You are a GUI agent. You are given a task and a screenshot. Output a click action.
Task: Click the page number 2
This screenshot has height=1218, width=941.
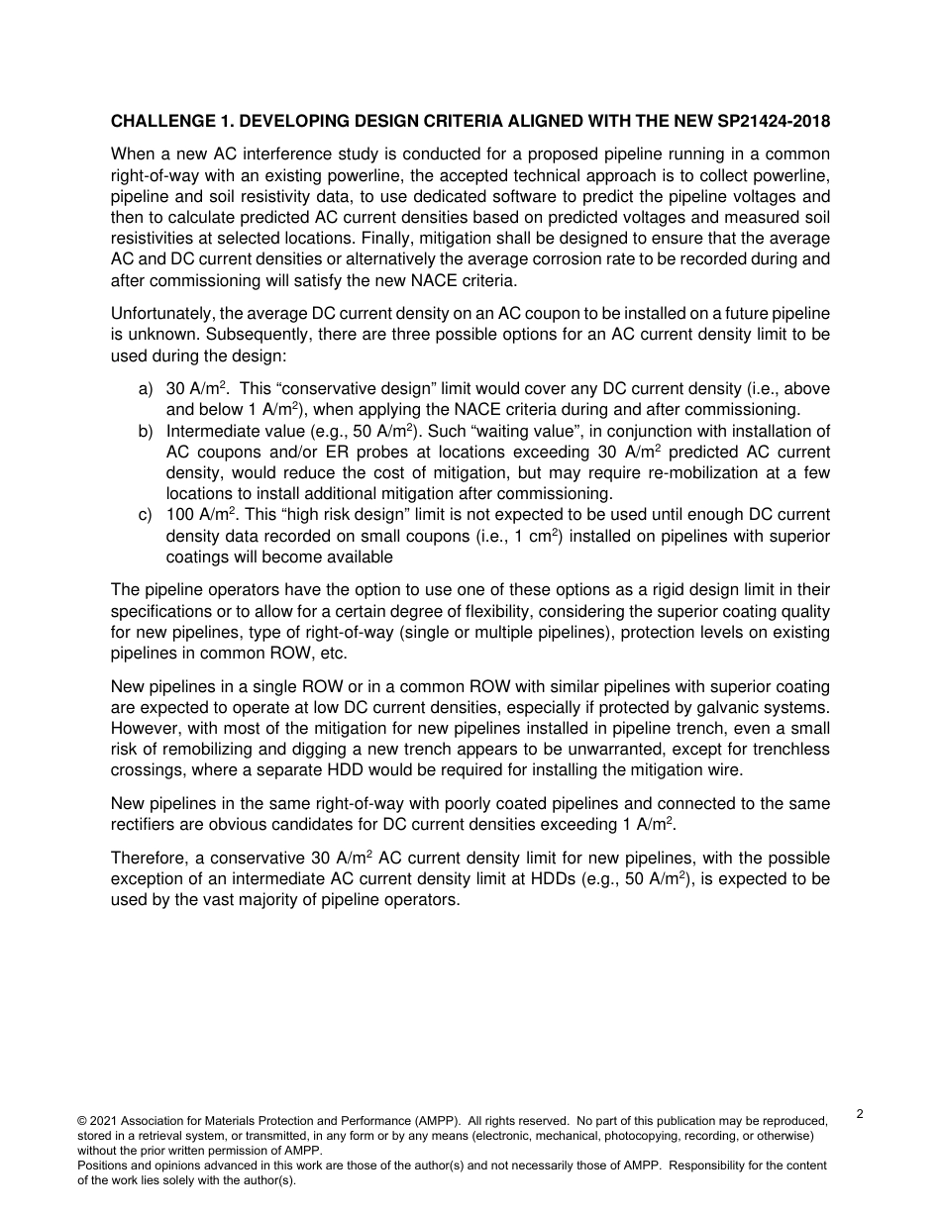[860, 1114]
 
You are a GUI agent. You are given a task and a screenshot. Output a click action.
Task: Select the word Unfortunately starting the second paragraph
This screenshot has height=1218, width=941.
[157, 314]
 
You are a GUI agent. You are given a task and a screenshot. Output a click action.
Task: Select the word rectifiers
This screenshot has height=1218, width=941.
[145, 824]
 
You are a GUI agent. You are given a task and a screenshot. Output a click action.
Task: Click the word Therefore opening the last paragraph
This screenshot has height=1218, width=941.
[150, 858]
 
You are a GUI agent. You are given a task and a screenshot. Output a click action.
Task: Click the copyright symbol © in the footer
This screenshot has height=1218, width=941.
[82, 1121]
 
